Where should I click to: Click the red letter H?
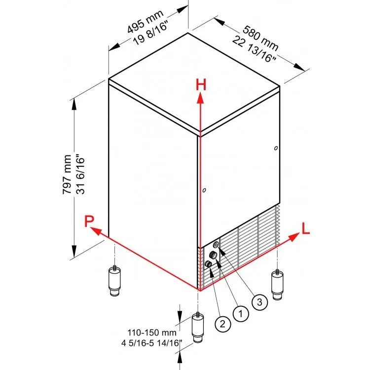[201, 85]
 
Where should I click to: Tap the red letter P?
[89, 221]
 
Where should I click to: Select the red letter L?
[305, 228]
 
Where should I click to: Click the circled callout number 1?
[241, 314]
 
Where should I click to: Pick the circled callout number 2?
[222, 324]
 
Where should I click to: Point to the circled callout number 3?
[259, 302]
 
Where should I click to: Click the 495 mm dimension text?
[145, 21]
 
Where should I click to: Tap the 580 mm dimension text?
[260, 38]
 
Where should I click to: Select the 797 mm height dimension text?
[67, 174]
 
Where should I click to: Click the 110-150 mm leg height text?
[152, 333]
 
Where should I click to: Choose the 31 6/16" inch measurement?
[80, 174]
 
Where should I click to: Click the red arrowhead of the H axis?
[201, 98]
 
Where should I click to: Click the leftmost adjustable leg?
[114, 281]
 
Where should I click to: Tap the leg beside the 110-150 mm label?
[198, 328]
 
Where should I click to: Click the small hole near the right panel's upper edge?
[276, 148]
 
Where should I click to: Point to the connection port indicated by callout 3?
[216, 245]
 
